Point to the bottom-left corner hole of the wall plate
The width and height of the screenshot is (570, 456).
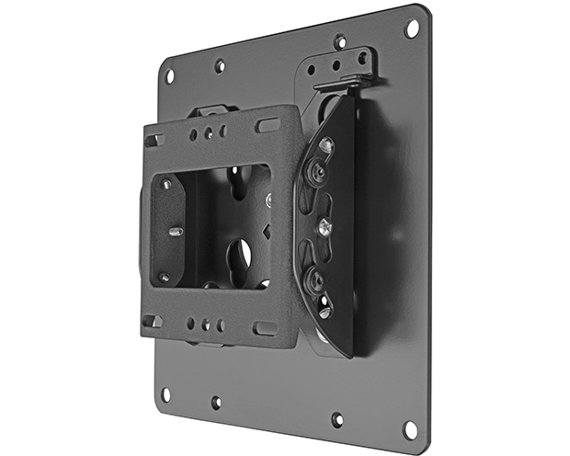pyautogui.click(x=165, y=393)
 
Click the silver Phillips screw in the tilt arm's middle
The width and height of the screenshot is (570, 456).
pyautogui.click(x=324, y=223)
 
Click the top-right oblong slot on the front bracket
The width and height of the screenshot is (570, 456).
pyautogui.click(x=267, y=124)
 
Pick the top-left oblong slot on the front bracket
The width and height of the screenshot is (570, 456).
pyautogui.click(x=153, y=141)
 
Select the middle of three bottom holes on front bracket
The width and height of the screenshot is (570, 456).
pyautogui.click(x=207, y=325)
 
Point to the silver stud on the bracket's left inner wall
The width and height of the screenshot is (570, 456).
pyautogui.click(x=176, y=232)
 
